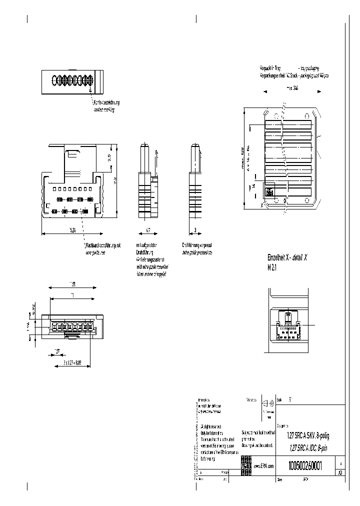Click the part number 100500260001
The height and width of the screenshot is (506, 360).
pos(304,465)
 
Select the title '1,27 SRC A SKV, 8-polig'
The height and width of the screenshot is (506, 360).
pos(308,435)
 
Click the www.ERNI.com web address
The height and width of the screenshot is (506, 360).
pos(264,466)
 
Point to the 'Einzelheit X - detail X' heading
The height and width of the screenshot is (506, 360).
pos(287,257)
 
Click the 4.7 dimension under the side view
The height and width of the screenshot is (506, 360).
pos(147,230)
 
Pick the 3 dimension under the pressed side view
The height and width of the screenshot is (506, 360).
pos(195,230)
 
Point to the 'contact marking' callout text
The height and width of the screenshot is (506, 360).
pos(104,109)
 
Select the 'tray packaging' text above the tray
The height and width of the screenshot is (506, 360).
pos(308,68)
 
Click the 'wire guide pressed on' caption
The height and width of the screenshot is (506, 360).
pos(197,252)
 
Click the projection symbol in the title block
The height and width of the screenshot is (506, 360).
pos(269,403)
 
